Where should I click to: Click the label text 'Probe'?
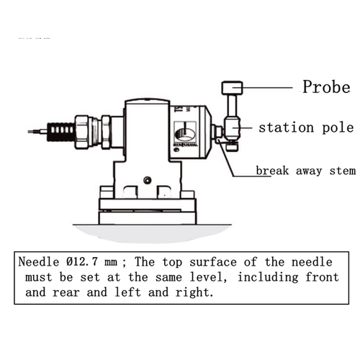click(x=325, y=87)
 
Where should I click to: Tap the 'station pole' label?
click(x=306, y=128)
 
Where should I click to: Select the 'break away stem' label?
click(x=305, y=171)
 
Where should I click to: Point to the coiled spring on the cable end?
click(x=58, y=132)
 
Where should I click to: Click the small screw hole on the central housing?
click(x=147, y=179)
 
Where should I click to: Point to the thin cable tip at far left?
click(x=33, y=132)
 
